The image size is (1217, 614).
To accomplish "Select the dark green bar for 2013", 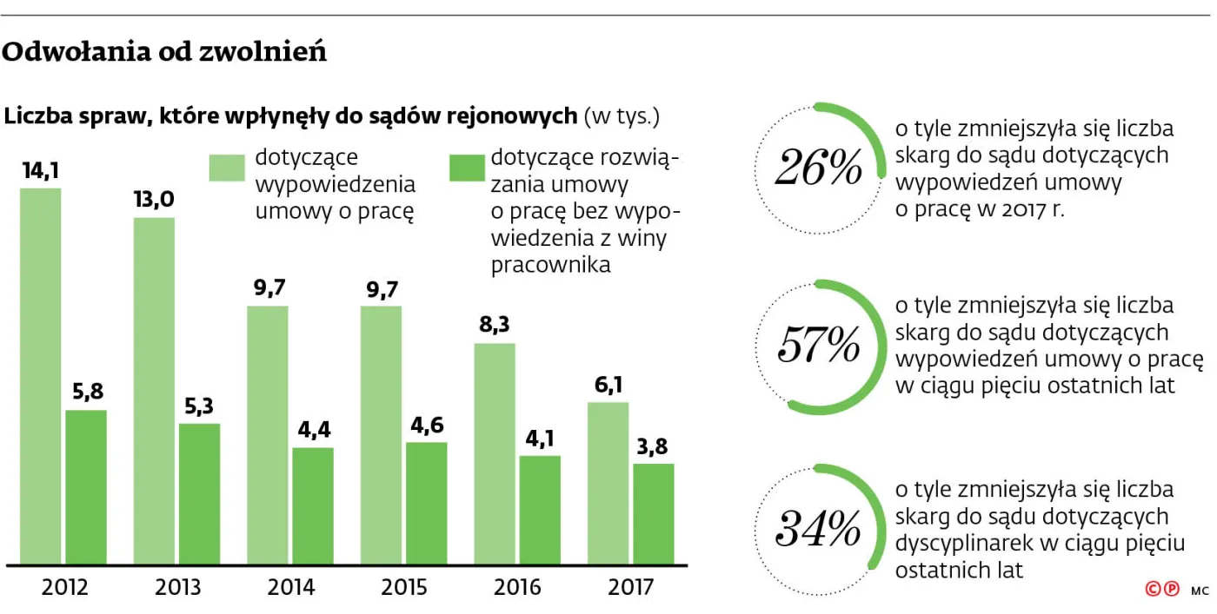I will point(199,493).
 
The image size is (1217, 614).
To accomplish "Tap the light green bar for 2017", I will point(608,482).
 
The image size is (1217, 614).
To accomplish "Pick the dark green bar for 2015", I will point(426,503).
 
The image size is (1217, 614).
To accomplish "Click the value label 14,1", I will point(41,171).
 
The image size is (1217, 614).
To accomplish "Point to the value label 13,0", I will point(154,201).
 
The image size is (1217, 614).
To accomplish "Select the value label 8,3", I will point(494,327).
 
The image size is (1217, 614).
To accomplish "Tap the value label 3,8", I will point(653,446).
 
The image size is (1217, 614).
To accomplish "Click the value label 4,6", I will point(426,426).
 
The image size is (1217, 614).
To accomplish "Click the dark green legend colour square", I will point(467,168).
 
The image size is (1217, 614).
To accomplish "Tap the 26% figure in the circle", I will point(818,168).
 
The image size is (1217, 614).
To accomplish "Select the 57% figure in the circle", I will point(818,346).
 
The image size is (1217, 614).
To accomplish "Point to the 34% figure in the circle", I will point(818,528).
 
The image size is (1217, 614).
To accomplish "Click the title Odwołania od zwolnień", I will point(165,53).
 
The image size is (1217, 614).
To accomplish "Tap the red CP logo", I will point(1162,590).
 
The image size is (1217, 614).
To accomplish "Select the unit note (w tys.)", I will point(622,116).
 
